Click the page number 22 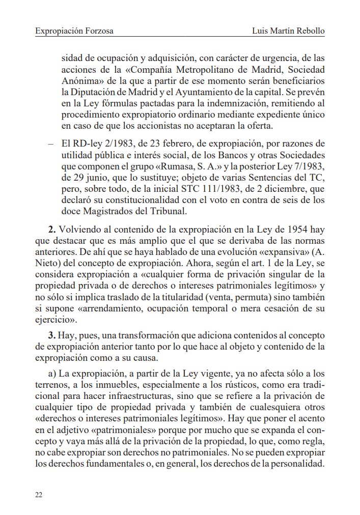pos(39,495)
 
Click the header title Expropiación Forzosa pos(74,32)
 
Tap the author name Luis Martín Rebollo pos(288,32)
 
